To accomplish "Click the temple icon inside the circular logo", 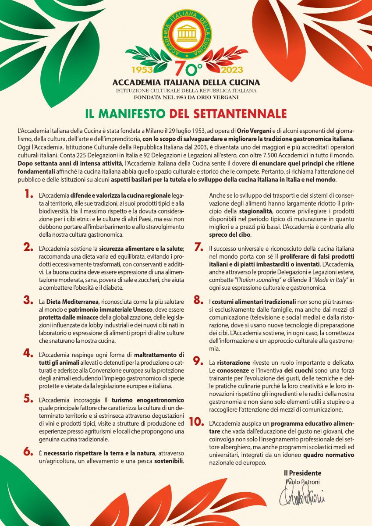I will coord(186,34).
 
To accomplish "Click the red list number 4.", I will coord(28,353).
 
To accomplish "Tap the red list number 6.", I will coord(28,451).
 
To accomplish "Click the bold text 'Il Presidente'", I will coord(302,473).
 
